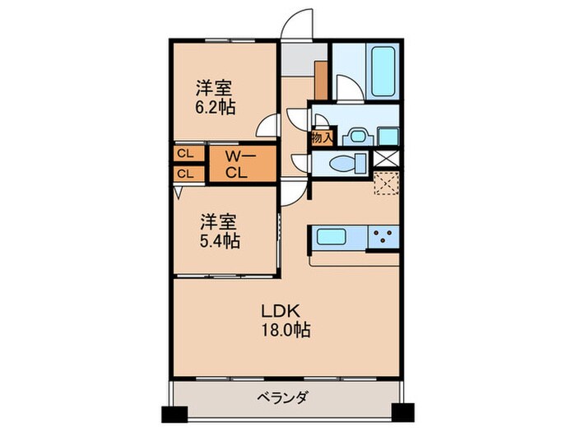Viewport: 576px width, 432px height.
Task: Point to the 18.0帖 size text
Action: tap(286, 331)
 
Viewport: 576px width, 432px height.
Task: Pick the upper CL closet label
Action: tap(186, 154)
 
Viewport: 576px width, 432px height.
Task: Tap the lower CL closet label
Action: tap(186, 174)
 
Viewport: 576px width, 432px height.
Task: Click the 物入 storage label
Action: tap(321, 138)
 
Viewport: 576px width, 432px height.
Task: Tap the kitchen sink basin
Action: tap(333, 239)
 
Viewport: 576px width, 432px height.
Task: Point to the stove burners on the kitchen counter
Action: tap(383, 239)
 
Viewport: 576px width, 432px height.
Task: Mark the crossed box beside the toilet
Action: tap(386, 161)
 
